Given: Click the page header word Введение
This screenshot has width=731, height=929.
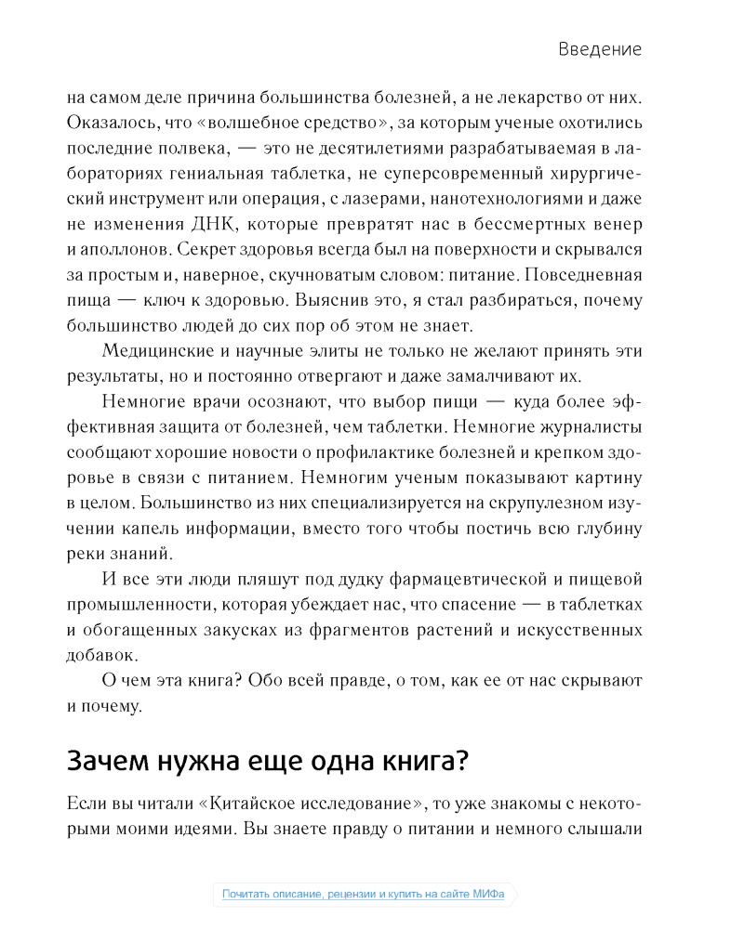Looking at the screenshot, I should pyautogui.click(x=600, y=49).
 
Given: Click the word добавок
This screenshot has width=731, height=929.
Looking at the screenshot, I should pyautogui.click(x=98, y=656).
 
